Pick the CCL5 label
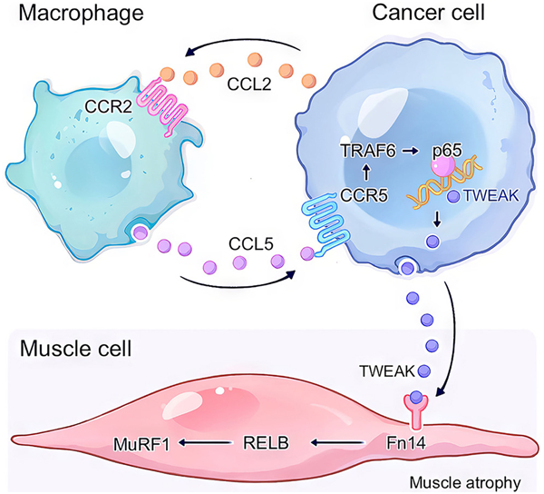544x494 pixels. point(232,243)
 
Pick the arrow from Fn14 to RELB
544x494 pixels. point(340,444)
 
